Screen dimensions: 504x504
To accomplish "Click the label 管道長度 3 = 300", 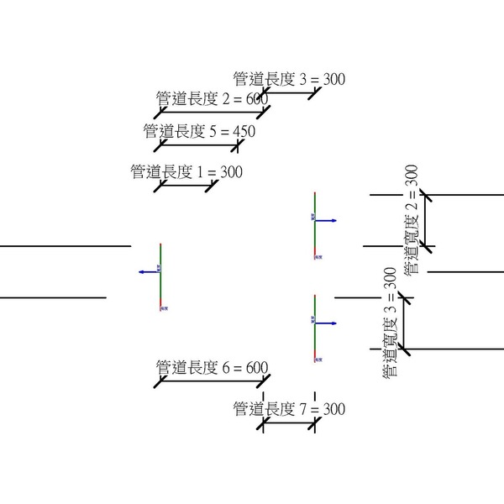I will pyautogui.click(x=289, y=80).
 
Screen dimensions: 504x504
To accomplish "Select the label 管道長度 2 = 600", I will pyautogui.click(x=212, y=99).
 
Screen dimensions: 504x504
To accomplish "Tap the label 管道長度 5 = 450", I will pyautogui.click(x=199, y=131).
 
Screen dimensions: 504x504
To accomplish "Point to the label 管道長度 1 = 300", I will pyautogui.click(x=186, y=172).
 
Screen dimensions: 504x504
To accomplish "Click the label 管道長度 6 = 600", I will pyautogui.click(x=212, y=368).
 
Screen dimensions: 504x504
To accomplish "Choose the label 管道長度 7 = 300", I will pyautogui.click(x=289, y=409).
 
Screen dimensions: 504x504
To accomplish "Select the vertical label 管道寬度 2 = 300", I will pyautogui.click(x=412, y=220).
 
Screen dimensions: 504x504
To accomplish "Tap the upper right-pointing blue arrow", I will pyautogui.click(x=327, y=220).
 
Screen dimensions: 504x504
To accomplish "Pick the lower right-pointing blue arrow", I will pyautogui.click(x=327, y=323).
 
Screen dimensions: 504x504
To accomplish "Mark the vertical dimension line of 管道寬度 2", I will pyautogui.click(x=425, y=220).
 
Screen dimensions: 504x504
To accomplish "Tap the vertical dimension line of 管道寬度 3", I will pyautogui.click(x=404, y=323).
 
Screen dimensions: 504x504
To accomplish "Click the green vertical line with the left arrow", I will pyautogui.click(x=160, y=277).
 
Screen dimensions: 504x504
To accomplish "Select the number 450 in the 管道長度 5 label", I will pyautogui.click(x=243, y=131).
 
